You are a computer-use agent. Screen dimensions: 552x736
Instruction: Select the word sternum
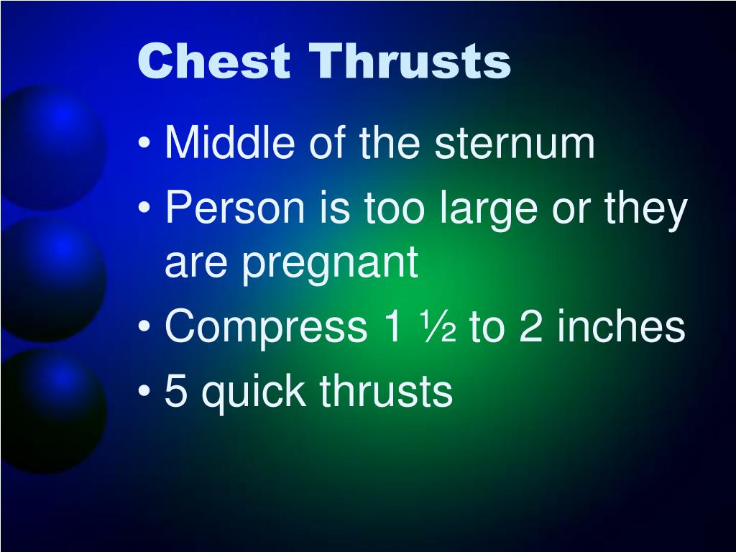tap(515, 144)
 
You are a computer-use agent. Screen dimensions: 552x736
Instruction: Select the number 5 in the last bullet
tap(174, 392)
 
